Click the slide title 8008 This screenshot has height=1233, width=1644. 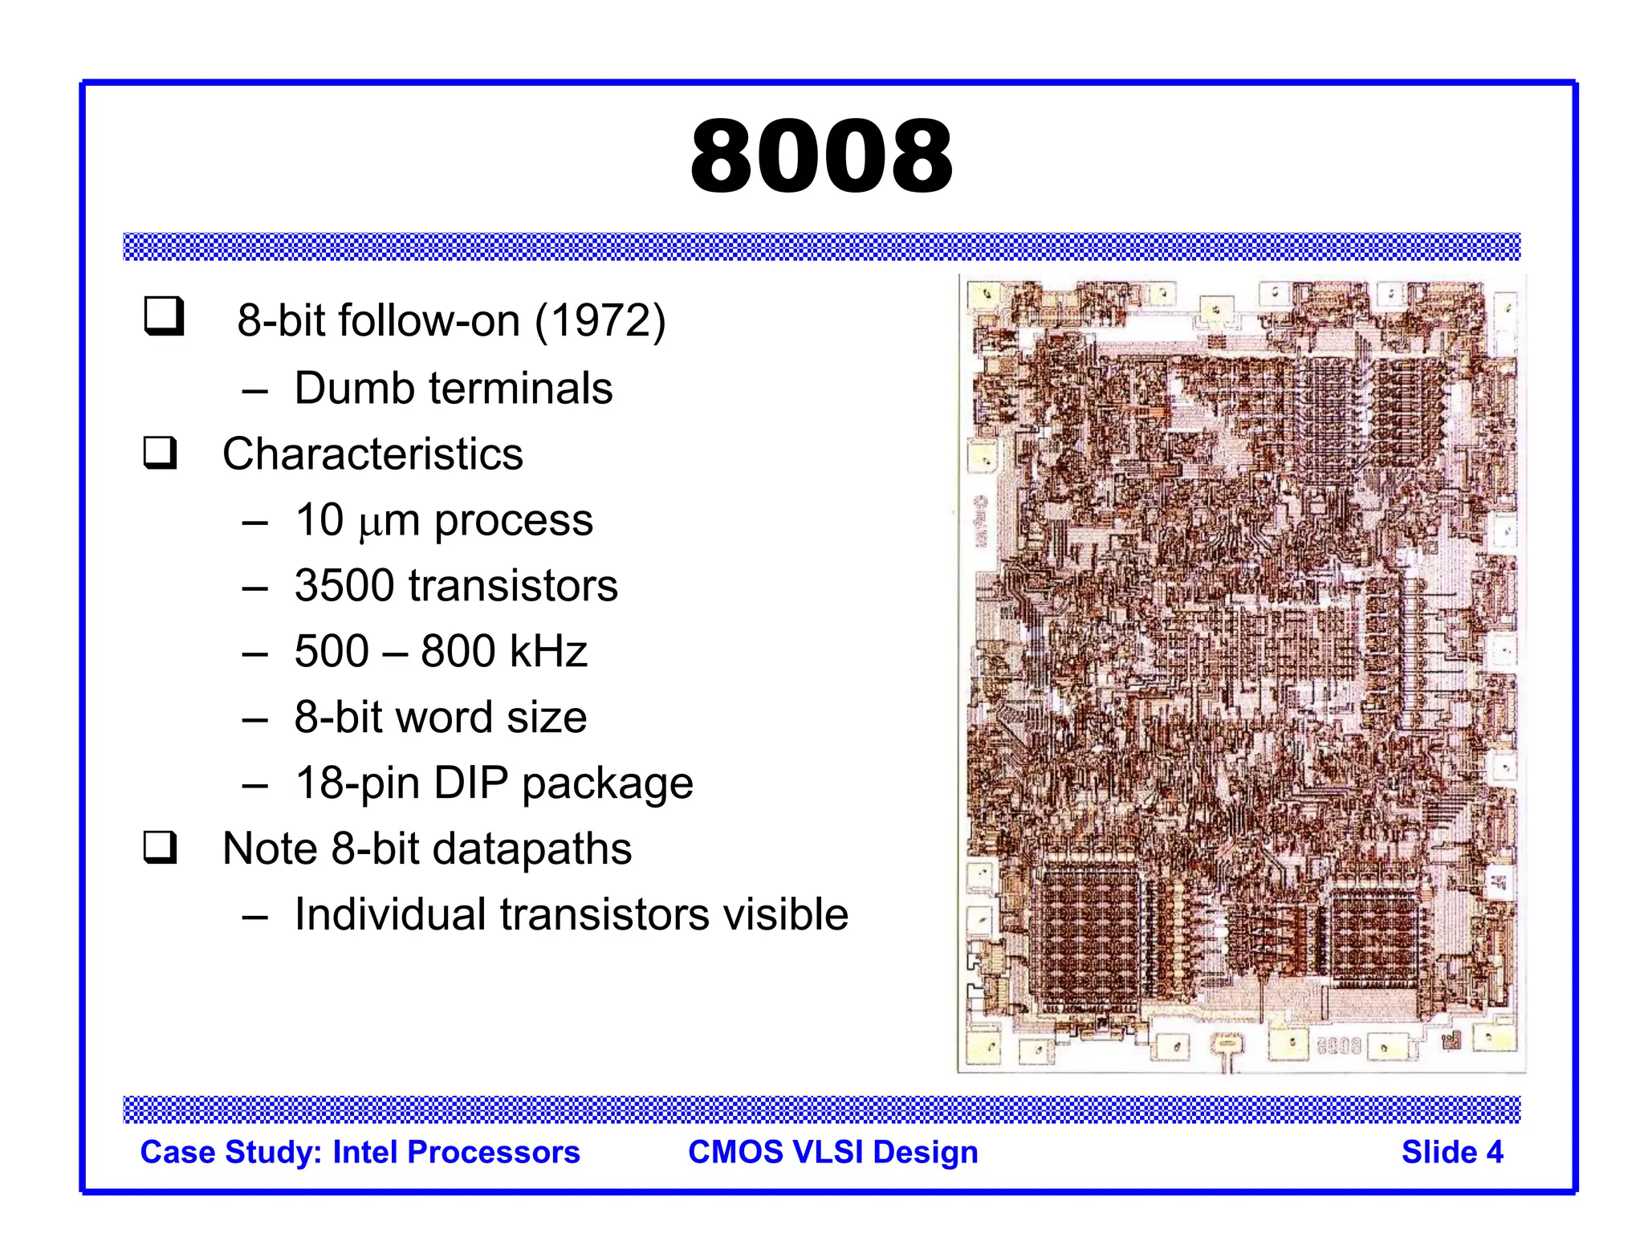[821, 156]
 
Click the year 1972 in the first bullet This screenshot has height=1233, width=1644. [600, 321]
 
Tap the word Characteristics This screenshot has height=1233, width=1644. [372, 454]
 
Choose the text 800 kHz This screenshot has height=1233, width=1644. [504, 651]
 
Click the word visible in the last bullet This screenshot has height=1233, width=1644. [785, 914]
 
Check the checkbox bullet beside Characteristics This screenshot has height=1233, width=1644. [161, 453]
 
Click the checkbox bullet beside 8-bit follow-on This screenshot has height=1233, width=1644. [165, 316]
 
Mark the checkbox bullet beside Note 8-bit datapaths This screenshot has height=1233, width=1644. [161, 848]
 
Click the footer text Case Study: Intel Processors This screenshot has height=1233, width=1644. [360, 1152]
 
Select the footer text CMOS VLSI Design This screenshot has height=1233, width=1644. [832, 1152]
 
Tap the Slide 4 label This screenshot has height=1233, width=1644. [1451, 1152]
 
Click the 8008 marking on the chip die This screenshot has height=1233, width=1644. [1338, 1046]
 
